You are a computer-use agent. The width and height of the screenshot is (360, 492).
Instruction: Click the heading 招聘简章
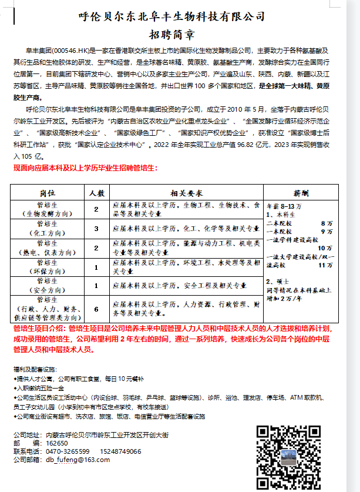180,34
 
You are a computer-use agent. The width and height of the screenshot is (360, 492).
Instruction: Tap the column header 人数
96,193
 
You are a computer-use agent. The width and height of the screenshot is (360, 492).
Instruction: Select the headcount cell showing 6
96,309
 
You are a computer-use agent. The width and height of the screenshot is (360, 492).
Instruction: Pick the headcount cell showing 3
96,228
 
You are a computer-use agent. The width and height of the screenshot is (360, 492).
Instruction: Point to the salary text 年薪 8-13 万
284,207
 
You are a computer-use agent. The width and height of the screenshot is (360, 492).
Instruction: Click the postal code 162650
57,443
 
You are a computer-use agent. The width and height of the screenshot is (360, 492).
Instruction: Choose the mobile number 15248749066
120,451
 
